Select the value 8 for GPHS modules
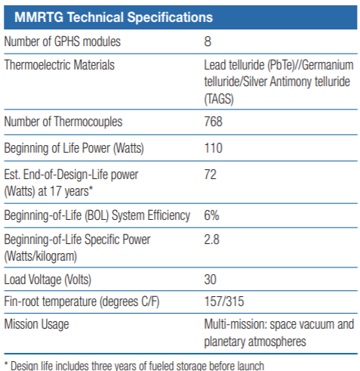coord(208,42)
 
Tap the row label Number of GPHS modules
coord(63,42)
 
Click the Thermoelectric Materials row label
coord(60,65)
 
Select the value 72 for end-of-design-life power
coord(211,175)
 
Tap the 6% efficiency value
coord(212,215)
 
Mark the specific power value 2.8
coord(212,240)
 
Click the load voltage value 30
coord(211,278)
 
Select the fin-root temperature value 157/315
coord(225,302)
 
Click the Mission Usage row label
coord(38,326)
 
